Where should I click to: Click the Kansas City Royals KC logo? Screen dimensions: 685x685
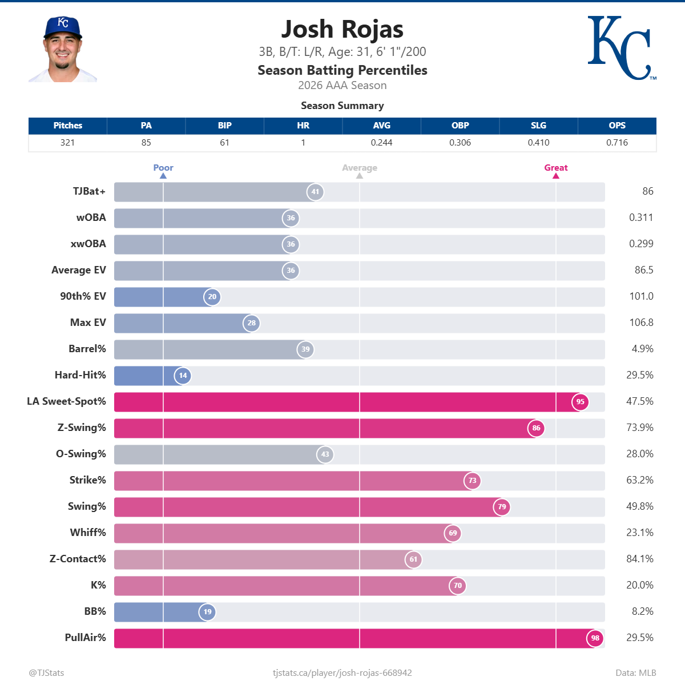[620, 48]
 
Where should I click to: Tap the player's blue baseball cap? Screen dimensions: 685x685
[62, 27]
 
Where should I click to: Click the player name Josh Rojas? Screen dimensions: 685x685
[342, 29]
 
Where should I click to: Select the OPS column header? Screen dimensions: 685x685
[616, 126]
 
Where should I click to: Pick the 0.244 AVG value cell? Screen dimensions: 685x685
[381, 143]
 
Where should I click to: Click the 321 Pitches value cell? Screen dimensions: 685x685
[67, 143]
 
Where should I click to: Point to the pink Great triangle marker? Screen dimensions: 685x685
[555, 176]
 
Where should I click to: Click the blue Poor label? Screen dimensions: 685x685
[163, 168]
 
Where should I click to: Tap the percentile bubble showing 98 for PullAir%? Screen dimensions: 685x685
[595, 638]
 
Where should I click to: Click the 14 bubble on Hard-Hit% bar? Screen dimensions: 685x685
[183, 376]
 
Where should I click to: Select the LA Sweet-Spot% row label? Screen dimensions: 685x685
[66, 401]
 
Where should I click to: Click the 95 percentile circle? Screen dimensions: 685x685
[580, 402]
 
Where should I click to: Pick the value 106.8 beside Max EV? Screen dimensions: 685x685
[641, 323]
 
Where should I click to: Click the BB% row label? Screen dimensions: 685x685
[95, 611]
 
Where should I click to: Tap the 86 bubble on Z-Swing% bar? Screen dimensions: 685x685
[536, 428]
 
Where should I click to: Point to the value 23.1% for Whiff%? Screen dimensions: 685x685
[639, 533]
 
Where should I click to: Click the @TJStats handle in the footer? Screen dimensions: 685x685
[46, 673]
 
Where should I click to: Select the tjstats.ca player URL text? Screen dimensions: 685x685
[342, 673]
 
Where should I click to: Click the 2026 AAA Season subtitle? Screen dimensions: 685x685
[342, 86]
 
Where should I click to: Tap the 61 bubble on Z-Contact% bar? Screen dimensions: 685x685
[413, 559]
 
